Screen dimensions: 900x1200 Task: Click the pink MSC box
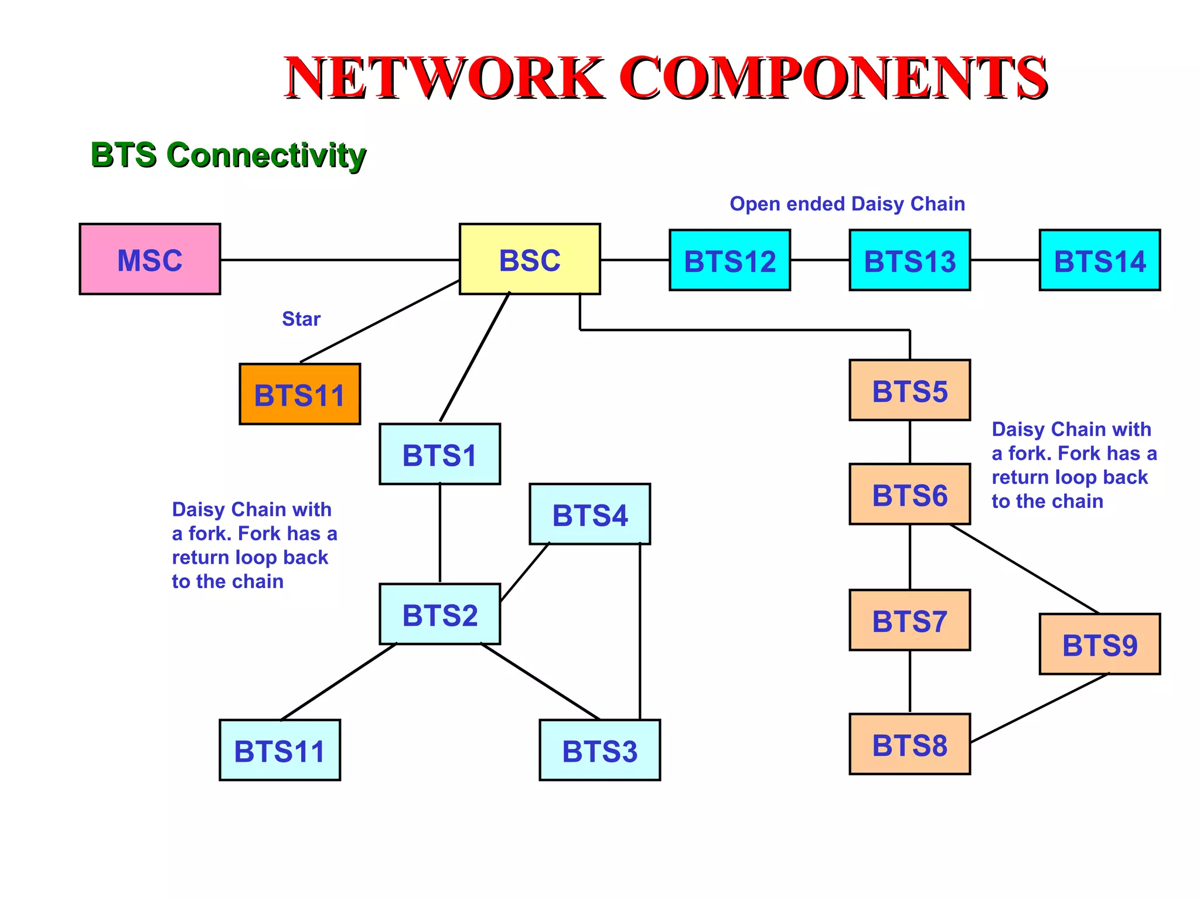(x=150, y=259)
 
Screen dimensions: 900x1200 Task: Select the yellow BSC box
(x=530, y=259)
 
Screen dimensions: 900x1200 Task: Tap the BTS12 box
(x=730, y=260)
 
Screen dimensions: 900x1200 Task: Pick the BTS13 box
(x=910, y=260)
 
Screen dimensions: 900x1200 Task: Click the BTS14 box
(x=1100, y=260)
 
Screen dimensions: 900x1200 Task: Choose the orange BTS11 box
(x=300, y=394)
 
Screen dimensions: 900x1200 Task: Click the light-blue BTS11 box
(x=280, y=750)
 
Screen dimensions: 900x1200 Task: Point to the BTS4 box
(x=590, y=514)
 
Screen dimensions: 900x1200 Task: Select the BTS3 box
(x=600, y=750)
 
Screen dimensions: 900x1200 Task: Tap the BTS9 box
(x=1100, y=644)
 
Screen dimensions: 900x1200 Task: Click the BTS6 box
(x=910, y=494)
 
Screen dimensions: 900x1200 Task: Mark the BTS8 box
(x=910, y=744)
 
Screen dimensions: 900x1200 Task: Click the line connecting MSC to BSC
(x=340, y=260)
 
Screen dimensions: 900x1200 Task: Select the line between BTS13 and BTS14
(x=1005, y=260)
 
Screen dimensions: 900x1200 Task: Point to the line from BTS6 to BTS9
(x=1024, y=569)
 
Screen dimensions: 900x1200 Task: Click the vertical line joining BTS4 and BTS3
(x=640, y=632)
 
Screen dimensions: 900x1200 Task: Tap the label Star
(x=301, y=319)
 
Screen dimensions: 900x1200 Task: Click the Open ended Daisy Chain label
(x=847, y=204)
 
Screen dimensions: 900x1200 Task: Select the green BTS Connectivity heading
(x=229, y=155)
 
